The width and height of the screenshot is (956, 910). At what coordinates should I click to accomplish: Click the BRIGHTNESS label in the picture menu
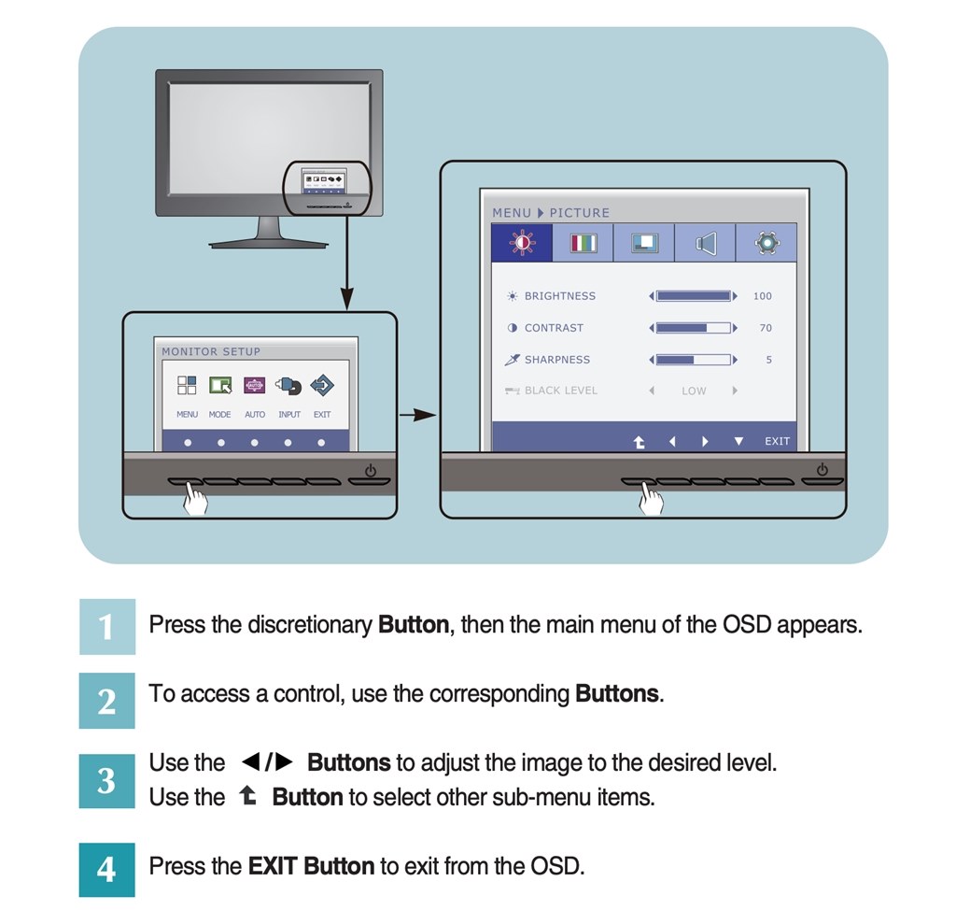click(559, 296)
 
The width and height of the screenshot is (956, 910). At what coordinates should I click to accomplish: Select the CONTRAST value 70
click(766, 328)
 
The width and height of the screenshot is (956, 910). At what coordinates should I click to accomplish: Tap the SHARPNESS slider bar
click(694, 360)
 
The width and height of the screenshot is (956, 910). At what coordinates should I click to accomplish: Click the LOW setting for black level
click(694, 391)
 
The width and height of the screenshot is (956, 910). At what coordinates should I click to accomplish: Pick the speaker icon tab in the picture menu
click(706, 243)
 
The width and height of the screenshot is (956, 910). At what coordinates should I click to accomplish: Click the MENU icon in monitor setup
click(187, 385)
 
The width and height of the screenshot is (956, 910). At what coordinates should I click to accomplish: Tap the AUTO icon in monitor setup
click(255, 385)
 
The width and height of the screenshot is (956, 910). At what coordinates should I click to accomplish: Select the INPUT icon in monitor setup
click(288, 385)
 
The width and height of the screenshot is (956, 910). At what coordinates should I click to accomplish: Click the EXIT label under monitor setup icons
click(322, 414)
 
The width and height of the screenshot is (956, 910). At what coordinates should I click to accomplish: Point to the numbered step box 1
click(106, 626)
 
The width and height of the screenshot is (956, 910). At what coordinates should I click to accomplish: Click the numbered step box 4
click(106, 870)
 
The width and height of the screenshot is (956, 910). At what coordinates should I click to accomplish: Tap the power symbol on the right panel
click(822, 469)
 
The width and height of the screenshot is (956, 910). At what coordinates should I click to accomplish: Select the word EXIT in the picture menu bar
click(777, 441)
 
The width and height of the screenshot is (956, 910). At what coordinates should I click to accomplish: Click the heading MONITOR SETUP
click(211, 352)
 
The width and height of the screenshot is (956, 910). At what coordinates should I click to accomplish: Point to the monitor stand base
click(269, 243)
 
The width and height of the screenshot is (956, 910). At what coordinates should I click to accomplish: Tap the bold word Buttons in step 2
click(617, 694)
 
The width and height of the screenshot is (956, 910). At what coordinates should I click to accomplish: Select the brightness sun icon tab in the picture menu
click(522, 243)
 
